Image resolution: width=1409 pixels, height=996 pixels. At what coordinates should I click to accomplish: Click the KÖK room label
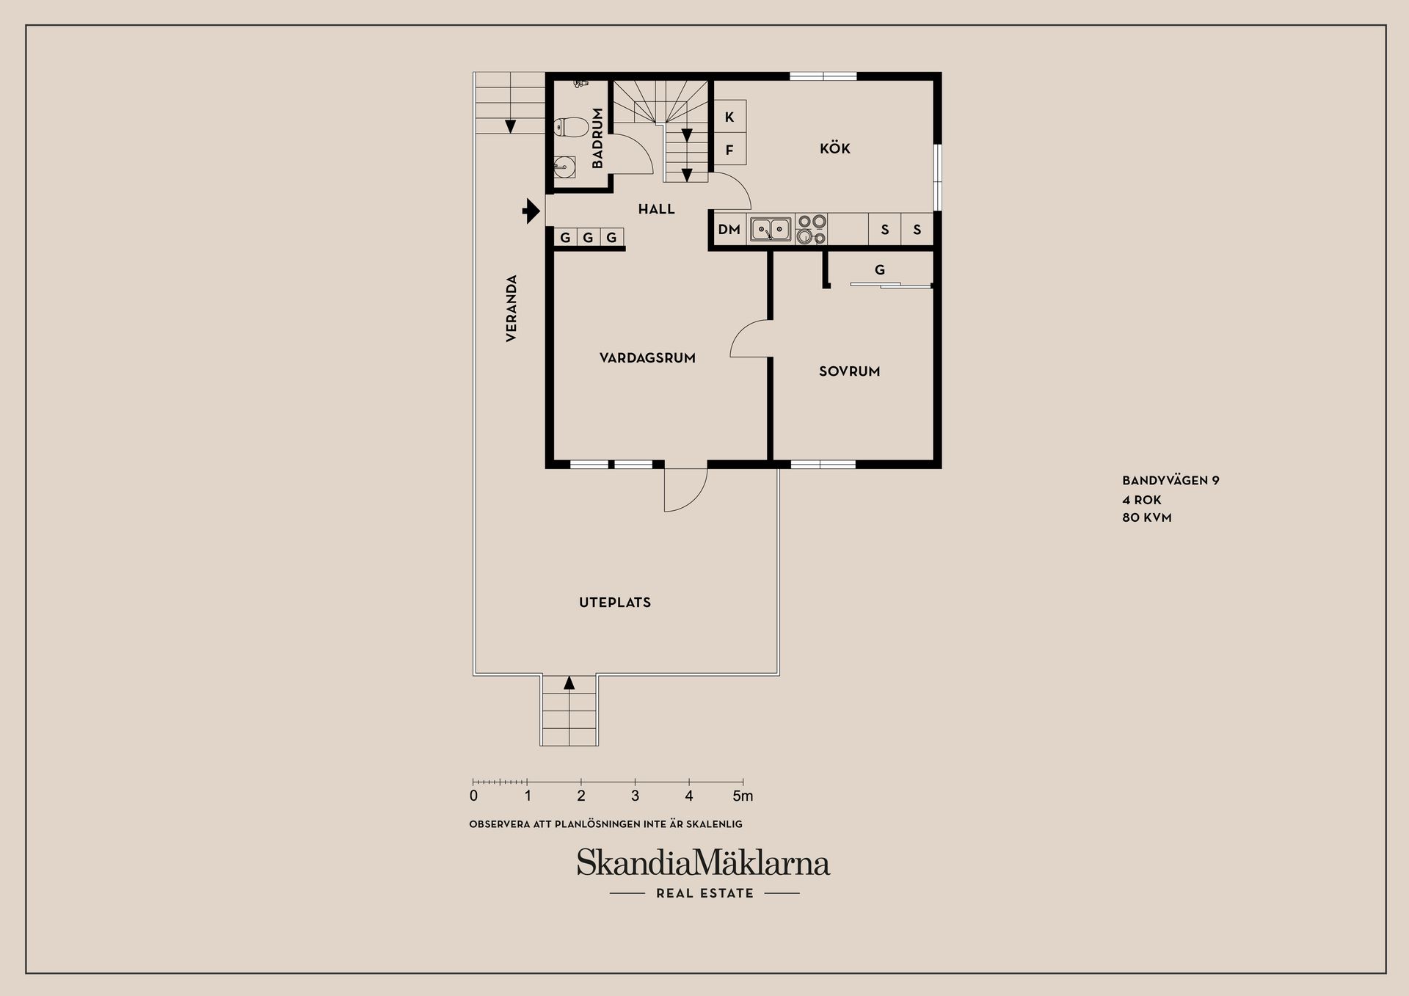point(834,149)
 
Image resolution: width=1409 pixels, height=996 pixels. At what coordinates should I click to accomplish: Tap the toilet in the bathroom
point(569,128)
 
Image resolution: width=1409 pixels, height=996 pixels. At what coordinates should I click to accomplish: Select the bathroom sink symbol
point(564,167)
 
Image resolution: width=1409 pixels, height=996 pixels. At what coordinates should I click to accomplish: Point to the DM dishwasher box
point(729,230)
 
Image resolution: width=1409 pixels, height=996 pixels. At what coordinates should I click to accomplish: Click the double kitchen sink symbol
point(771,230)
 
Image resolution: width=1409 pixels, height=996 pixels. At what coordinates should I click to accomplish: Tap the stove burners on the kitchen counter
point(812,229)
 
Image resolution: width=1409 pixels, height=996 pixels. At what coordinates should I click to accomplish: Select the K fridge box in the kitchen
point(729,117)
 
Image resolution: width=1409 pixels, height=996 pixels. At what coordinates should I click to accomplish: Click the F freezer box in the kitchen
point(729,150)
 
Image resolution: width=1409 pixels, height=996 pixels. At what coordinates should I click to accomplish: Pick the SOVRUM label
point(849,371)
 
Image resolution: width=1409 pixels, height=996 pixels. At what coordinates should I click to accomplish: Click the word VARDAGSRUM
point(647,358)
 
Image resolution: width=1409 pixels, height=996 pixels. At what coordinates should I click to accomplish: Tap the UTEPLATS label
point(614,603)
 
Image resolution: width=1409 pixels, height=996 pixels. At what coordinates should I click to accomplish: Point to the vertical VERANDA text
point(511,308)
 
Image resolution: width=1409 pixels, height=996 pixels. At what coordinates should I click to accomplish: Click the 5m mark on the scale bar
point(743,796)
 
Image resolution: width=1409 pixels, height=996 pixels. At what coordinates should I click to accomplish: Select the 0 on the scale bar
point(473,796)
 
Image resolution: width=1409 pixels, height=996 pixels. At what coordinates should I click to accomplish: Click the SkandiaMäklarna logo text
point(703,863)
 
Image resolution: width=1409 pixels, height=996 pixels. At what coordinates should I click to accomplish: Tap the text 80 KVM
point(1146,517)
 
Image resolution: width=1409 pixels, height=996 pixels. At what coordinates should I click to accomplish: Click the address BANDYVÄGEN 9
point(1170,481)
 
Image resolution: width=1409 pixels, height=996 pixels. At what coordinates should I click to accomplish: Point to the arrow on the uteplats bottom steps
point(569,683)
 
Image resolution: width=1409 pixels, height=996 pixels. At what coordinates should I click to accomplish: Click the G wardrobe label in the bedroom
point(879,270)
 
